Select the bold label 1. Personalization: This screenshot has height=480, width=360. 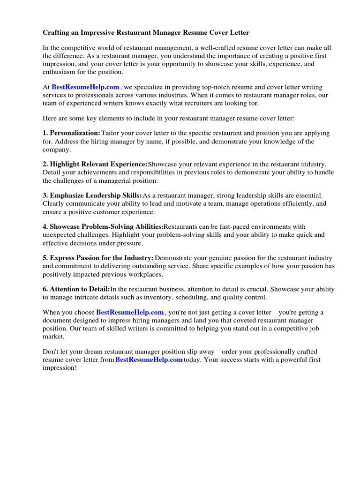point(71,133)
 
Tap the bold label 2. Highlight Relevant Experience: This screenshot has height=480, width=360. point(95,164)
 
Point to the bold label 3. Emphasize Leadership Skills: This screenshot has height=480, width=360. point(92,195)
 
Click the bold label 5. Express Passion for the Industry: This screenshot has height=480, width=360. point(98,258)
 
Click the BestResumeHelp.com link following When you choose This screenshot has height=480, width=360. point(130,312)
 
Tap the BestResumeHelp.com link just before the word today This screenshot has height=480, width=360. point(149,360)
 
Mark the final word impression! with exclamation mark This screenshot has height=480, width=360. point(60,367)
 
